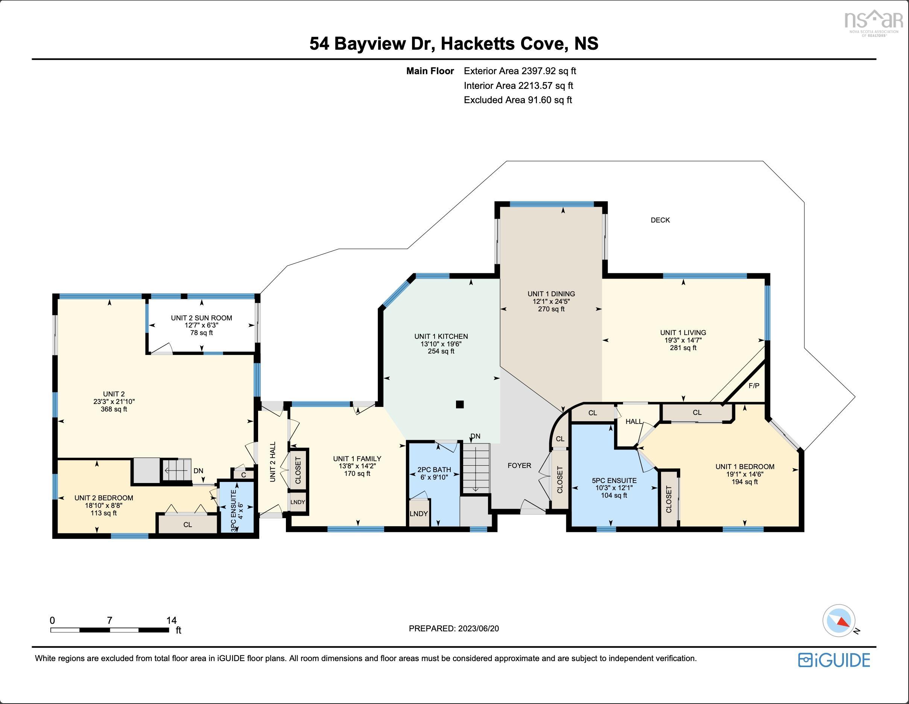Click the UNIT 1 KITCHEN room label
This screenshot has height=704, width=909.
point(441,336)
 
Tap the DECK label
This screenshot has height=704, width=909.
point(660,220)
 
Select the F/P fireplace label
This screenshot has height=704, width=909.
point(754,386)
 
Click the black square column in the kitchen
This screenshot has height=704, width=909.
point(459,404)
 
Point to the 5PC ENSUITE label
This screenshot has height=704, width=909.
point(614,480)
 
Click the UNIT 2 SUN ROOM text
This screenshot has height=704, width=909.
point(201,318)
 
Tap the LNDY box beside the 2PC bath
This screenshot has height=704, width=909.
point(418,514)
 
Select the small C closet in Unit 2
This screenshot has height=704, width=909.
point(243,474)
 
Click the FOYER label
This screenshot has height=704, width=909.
point(519,465)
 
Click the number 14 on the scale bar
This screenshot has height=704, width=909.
point(171,620)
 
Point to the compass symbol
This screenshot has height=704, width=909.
point(839,621)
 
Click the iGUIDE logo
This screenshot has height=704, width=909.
point(834,660)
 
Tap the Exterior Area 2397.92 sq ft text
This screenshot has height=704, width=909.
point(520,71)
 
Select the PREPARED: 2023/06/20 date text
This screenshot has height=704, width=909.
point(454,628)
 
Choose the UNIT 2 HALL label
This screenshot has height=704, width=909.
point(273,462)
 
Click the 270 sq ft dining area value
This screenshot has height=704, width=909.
point(551,309)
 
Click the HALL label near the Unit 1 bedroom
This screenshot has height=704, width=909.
point(634,422)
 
